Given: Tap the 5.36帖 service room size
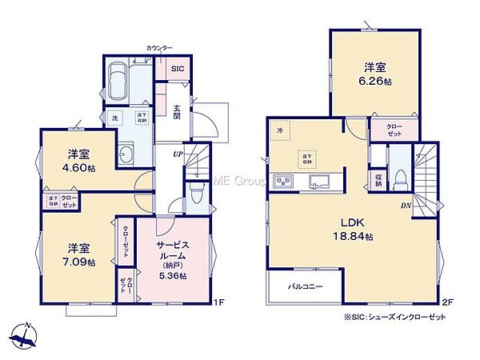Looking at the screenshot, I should tap(172, 275).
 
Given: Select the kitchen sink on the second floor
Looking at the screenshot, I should tap(322, 180).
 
